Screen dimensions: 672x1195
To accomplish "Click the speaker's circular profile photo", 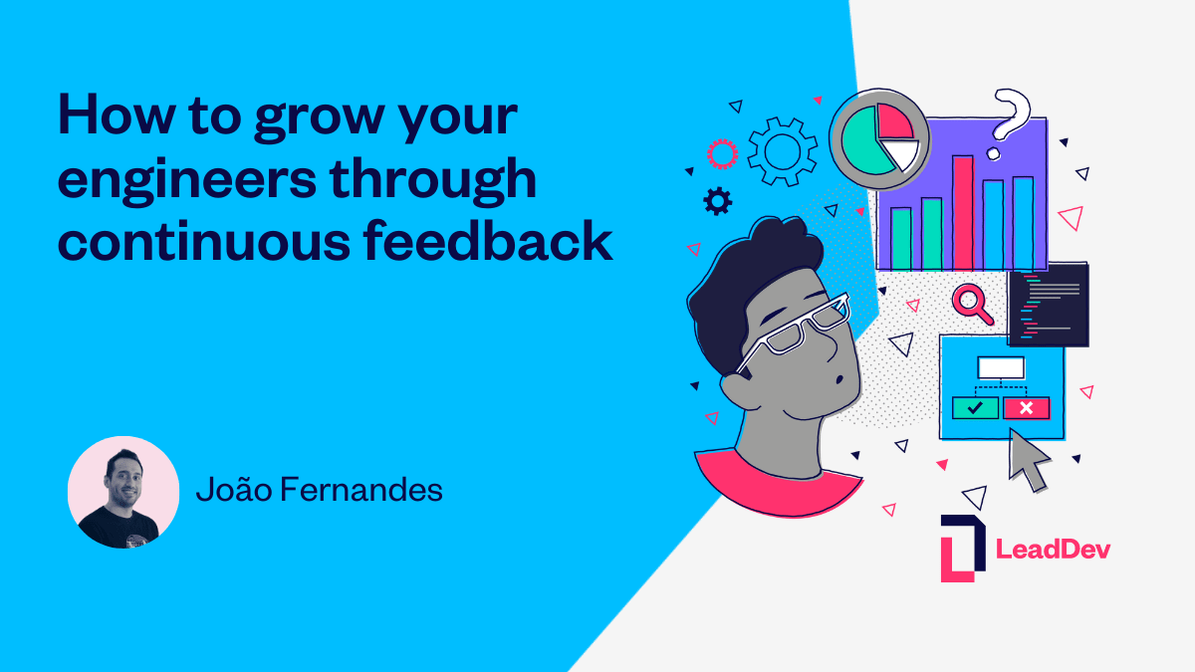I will pos(123,492).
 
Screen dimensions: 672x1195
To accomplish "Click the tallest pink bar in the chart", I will pos(963,212).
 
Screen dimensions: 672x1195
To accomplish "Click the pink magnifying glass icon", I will pos(971,303).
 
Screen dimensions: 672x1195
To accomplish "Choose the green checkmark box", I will pos(975,407).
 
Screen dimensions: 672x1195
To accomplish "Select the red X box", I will pos(1027,407).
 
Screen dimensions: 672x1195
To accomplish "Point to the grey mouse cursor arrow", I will pos(1029,459).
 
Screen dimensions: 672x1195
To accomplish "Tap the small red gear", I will pos(721,153).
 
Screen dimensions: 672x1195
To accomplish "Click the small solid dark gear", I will pos(717,202).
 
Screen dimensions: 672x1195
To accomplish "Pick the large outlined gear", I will pos(782,151).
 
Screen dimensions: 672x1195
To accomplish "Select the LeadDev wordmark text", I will pos(1053,549).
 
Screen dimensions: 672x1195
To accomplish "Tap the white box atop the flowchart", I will pos(1001,367).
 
